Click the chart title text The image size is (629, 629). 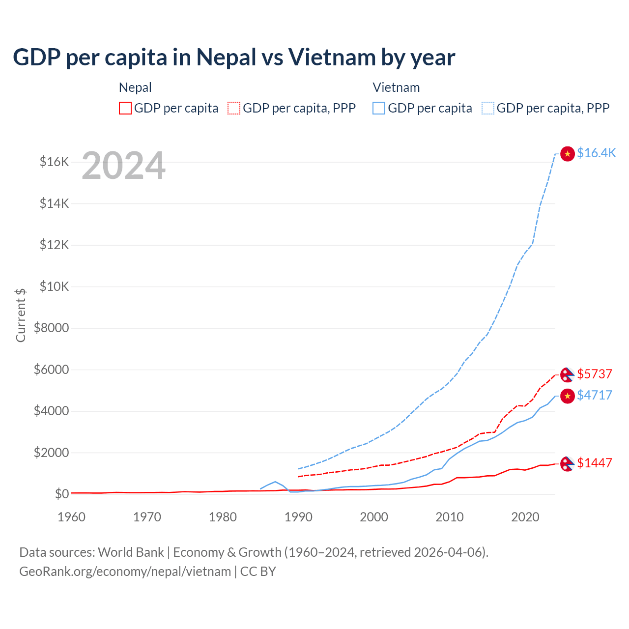(234, 57)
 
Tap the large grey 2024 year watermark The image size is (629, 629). (123, 166)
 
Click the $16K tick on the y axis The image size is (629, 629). (55, 162)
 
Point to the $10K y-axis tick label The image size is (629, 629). (55, 286)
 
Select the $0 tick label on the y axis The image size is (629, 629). (61, 494)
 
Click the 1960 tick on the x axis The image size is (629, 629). (72, 517)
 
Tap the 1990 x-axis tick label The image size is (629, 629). (298, 517)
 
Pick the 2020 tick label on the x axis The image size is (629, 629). (525, 517)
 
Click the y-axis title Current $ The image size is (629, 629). (21, 315)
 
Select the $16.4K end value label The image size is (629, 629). (596, 153)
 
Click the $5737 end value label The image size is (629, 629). (595, 374)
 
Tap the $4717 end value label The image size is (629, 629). (595, 395)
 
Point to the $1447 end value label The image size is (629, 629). (595, 463)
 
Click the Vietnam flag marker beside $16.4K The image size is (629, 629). (568, 154)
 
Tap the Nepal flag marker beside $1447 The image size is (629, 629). (568, 463)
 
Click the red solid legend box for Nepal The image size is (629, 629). (125, 108)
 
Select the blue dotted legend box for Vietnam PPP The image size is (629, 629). (488, 108)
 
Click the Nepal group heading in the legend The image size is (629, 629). (135, 87)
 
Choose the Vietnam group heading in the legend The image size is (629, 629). (396, 87)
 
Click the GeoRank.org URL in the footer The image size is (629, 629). (125, 572)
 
